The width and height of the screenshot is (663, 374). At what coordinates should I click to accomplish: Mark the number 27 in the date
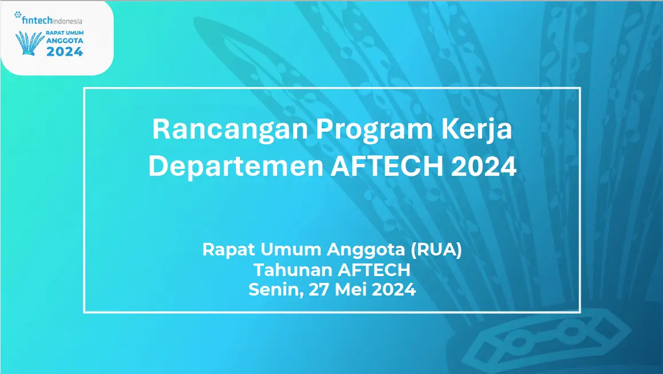(318, 290)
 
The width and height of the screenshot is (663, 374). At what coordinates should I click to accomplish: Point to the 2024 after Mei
(393, 290)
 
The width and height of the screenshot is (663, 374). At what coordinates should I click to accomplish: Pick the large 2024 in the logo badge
(65, 52)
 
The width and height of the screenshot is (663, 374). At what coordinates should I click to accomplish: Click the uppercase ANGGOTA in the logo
(64, 41)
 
